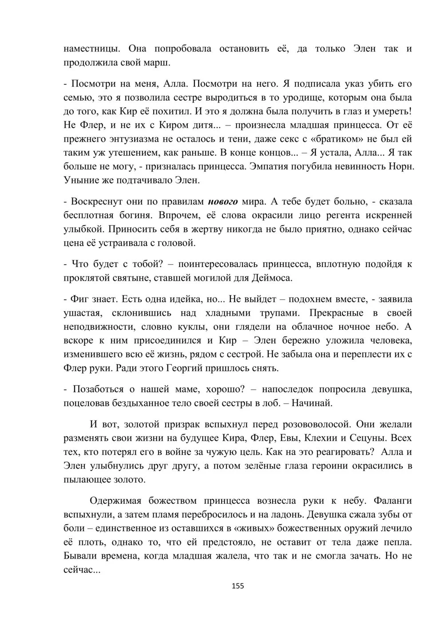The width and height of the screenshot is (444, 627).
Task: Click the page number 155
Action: click(x=238, y=586)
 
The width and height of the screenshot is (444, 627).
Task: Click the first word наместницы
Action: click(x=90, y=48)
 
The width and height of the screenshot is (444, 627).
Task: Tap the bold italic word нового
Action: click(x=223, y=201)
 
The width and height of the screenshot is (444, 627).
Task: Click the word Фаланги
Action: click(x=393, y=501)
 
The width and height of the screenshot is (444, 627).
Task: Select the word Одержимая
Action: click(x=115, y=501)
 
